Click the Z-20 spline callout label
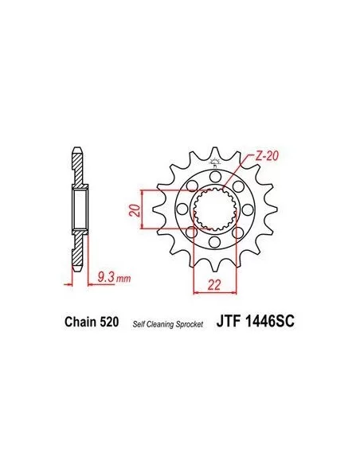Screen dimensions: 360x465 [267, 156]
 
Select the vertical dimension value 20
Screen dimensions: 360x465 [135, 210]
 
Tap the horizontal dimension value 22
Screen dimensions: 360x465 [214, 285]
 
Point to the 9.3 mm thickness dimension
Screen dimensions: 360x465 [114, 278]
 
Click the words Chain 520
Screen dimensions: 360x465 [92, 322]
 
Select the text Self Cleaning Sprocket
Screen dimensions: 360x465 [168, 324]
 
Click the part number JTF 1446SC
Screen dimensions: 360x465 [256, 321]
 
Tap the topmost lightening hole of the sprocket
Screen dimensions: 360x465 [214, 177]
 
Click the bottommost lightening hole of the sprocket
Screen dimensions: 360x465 [214, 242]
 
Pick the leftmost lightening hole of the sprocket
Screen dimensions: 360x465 [182, 209]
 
